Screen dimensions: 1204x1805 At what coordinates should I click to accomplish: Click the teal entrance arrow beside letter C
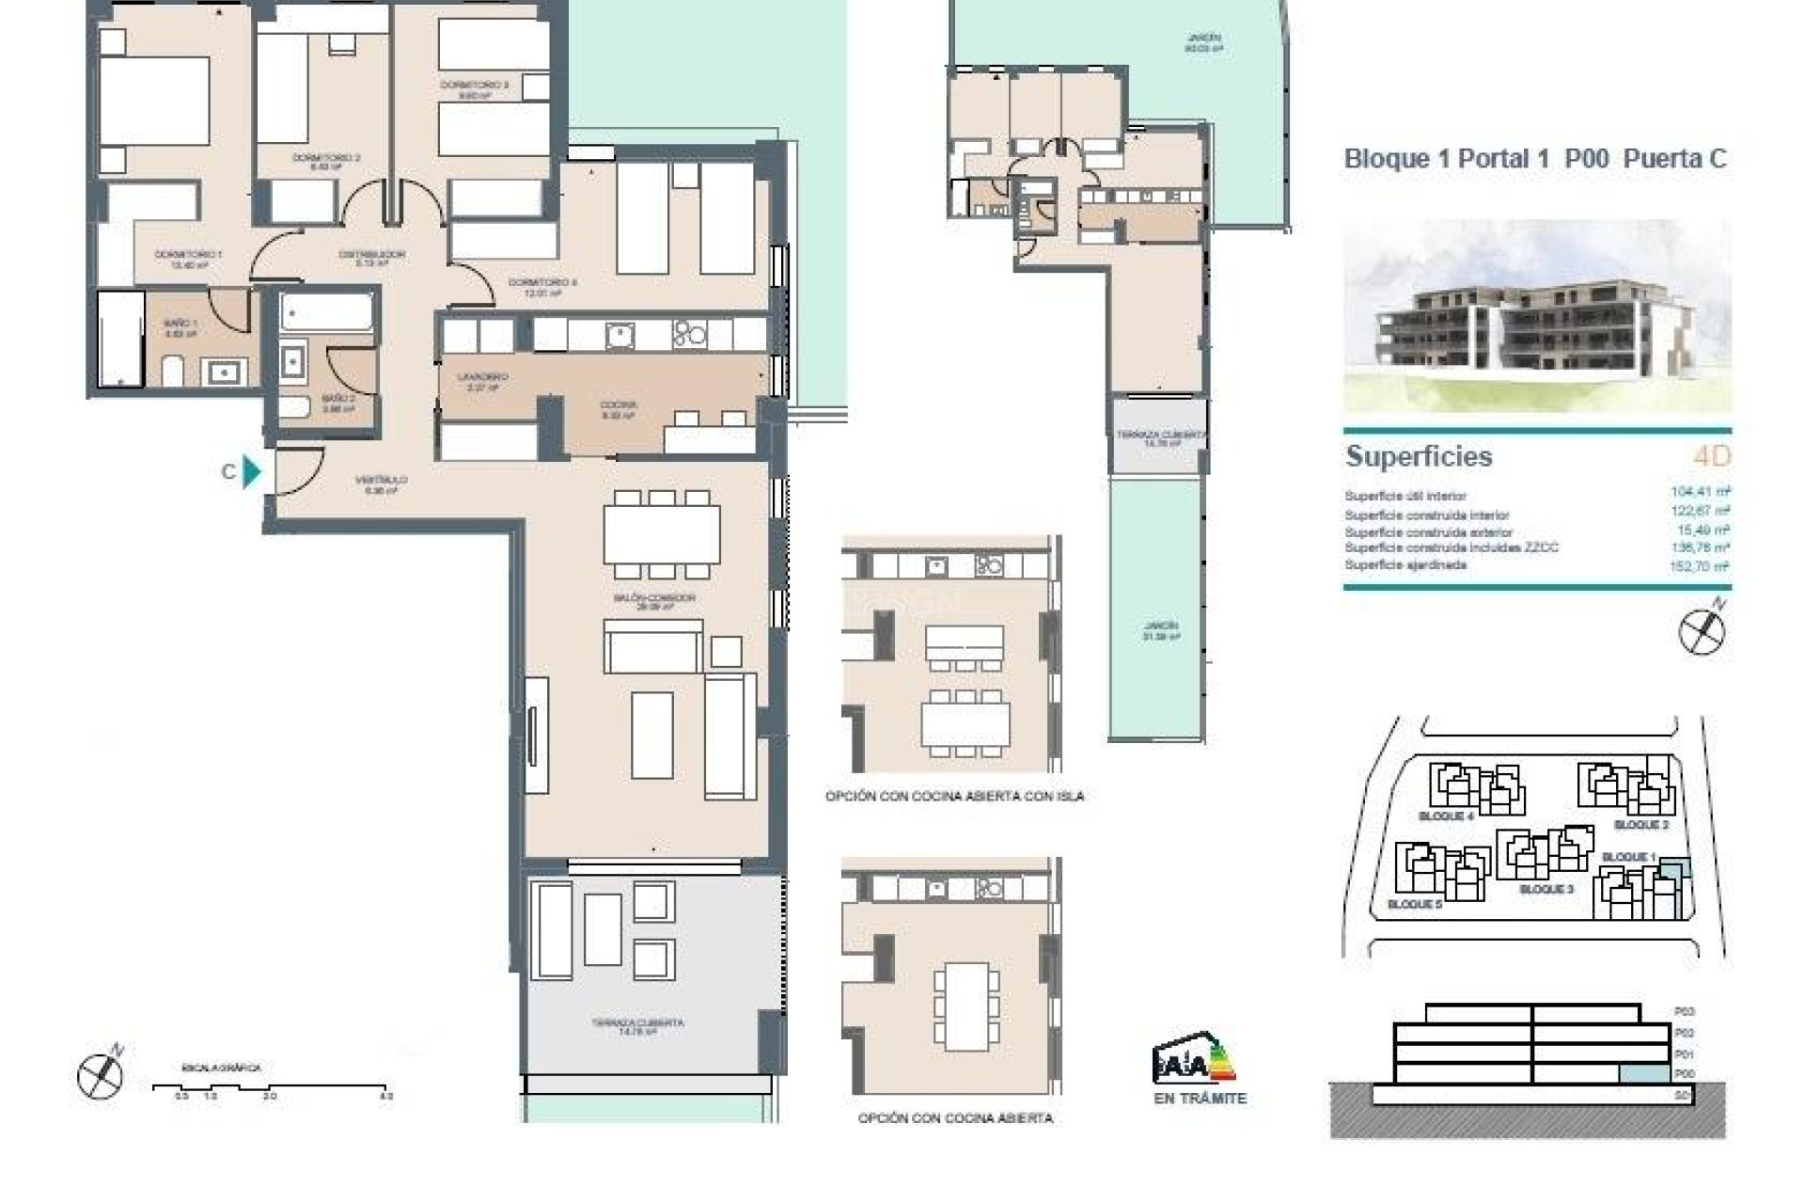click(x=251, y=471)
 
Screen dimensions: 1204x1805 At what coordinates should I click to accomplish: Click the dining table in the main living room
click(x=662, y=534)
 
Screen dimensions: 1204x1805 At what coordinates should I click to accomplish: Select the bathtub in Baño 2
click(x=326, y=312)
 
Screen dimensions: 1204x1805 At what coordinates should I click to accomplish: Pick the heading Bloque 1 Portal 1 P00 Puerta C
click(x=1535, y=159)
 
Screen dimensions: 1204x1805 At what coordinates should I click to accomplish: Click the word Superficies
click(x=1419, y=456)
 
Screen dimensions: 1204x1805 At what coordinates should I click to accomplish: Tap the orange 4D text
click(x=1711, y=456)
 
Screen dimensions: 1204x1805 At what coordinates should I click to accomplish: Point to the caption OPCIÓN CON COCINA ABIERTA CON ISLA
click(x=954, y=796)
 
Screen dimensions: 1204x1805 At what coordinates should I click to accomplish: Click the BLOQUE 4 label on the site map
click(x=1445, y=816)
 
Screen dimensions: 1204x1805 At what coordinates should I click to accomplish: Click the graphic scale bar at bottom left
click(x=271, y=1087)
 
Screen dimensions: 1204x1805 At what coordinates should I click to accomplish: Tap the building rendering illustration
click(x=1536, y=316)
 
